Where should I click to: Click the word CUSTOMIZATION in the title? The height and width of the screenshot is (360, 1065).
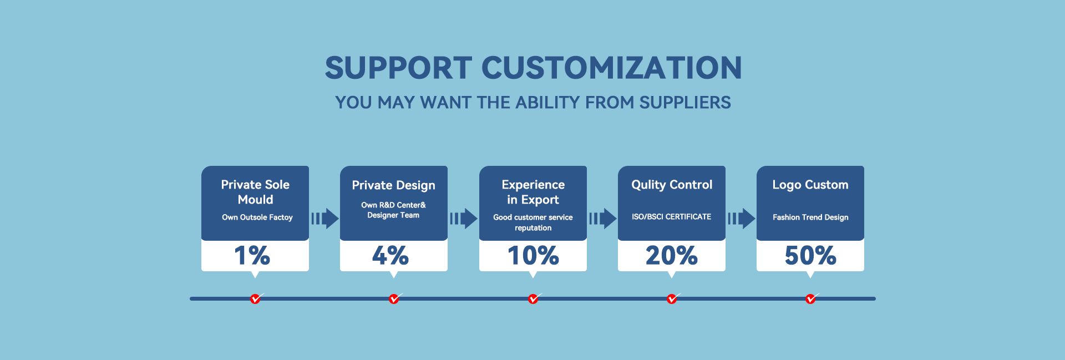pyautogui.click(x=611, y=68)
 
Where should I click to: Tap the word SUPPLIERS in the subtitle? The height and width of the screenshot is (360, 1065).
pyautogui.click(x=685, y=103)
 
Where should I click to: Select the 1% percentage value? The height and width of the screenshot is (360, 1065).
pyautogui.click(x=252, y=255)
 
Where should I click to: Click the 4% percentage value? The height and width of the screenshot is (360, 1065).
pyautogui.click(x=390, y=255)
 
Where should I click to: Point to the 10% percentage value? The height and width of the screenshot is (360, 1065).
pyautogui.click(x=533, y=255)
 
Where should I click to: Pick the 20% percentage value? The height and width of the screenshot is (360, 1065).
pyautogui.click(x=672, y=255)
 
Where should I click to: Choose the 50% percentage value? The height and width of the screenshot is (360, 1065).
pyautogui.click(x=810, y=255)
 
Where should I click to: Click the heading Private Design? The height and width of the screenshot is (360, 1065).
pyautogui.click(x=394, y=185)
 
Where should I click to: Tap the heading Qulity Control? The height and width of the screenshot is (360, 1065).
pyautogui.click(x=672, y=185)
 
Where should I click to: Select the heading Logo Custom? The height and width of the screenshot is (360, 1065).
pyautogui.click(x=810, y=185)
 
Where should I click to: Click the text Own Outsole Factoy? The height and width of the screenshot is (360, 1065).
pyautogui.click(x=257, y=217)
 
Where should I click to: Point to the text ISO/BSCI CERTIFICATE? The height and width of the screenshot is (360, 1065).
pyautogui.click(x=672, y=217)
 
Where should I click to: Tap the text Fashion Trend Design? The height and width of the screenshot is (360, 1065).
pyautogui.click(x=810, y=217)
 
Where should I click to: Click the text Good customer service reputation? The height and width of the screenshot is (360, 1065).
pyautogui.click(x=533, y=222)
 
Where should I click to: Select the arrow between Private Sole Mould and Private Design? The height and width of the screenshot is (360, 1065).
pyautogui.click(x=325, y=219)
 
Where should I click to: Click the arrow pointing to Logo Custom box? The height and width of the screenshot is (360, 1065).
pyautogui.click(x=742, y=219)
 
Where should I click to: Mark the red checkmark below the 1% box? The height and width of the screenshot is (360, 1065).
pyautogui.click(x=256, y=298)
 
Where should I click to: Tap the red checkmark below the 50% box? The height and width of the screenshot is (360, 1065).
pyautogui.click(x=811, y=298)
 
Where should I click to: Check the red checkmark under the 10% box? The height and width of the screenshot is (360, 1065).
pyautogui.click(x=534, y=298)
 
